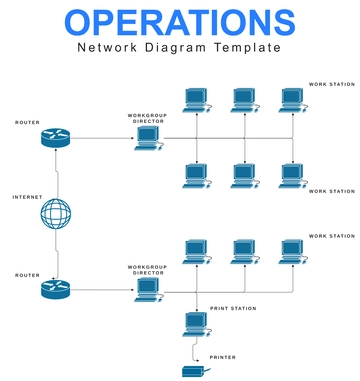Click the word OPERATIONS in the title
[x=180, y=22]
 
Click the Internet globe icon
[x=57, y=214]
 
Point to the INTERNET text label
[x=28, y=197]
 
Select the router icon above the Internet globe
[x=57, y=138]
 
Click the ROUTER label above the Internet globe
[x=28, y=122]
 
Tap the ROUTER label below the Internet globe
[x=28, y=274]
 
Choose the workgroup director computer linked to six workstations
[x=149, y=138]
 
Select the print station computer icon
[x=196, y=323]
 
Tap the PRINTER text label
[x=223, y=357]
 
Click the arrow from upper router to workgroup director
[x=100, y=138]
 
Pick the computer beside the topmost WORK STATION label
[x=292, y=99]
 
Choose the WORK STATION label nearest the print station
[x=331, y=236]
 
